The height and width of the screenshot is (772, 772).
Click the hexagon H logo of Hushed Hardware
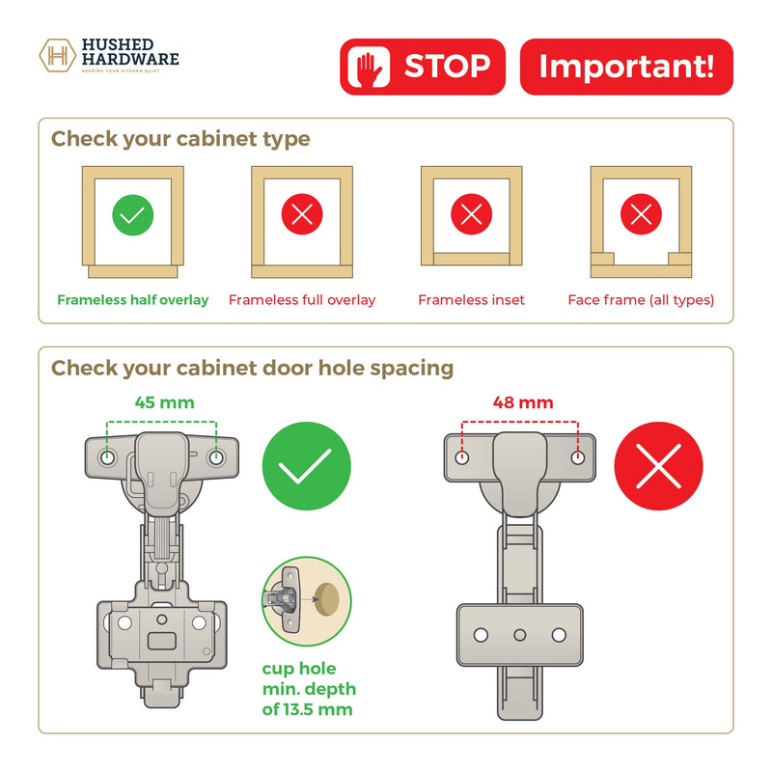(57, 56)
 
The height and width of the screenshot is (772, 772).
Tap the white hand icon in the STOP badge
(370, 67)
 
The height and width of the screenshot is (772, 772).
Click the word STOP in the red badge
(447, 66)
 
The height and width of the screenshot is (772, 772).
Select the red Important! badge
(626, 67)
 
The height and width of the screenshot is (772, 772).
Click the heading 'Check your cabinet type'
(180, 139)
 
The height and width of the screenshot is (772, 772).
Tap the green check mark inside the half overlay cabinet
(133, 215)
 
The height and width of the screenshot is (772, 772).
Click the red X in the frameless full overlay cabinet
(302, 214)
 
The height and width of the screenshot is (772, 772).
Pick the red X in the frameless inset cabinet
(472, 214)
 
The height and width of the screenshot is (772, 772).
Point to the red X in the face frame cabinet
(641, 214)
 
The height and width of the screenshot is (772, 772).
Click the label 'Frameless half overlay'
(133, 300)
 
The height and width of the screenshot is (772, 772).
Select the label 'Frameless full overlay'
(302, 300)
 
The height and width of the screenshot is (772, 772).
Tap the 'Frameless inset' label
(472, 300)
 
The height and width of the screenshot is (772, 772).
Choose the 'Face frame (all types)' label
(641, 300)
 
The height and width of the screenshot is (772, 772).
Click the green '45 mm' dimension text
(164, 402)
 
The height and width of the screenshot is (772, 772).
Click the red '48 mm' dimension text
(523, 402)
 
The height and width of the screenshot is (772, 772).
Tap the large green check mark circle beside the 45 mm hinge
(306, 466)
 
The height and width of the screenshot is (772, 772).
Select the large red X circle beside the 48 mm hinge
(658, 466)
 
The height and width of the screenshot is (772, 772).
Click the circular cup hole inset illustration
(306, 601)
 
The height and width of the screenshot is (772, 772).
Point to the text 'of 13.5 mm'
(307, 709)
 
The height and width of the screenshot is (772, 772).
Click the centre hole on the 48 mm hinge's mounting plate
(520, 635)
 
